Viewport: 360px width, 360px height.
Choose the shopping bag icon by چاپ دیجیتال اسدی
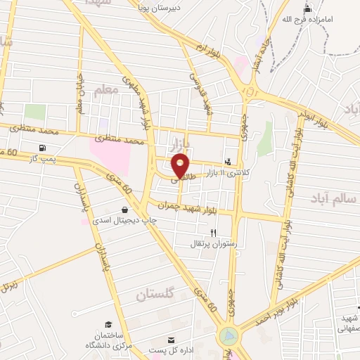point(125,209)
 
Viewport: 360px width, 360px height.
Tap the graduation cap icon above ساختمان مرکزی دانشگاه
point(108,324)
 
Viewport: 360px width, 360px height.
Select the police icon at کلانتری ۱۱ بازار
point(227,160)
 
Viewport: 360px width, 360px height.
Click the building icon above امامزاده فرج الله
point(307,10)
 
